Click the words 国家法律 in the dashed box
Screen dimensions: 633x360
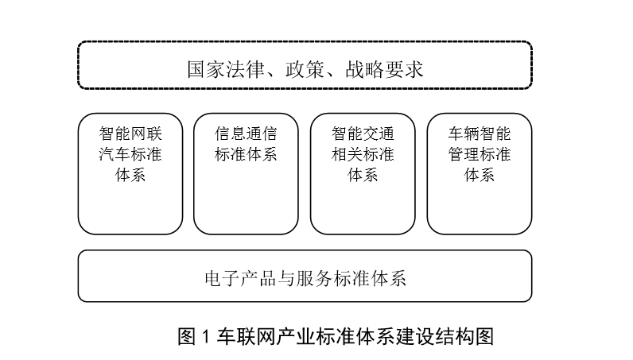point(226,69)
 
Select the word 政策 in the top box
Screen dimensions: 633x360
point(305,69)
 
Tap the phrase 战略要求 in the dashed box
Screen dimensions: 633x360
point(384,69)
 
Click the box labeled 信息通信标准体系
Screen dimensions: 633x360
point(246,173)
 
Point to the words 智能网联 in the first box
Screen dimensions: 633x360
point(130,134)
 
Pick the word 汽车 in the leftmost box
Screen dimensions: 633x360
point(115,154)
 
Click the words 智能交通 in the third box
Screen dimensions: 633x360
point(363,134)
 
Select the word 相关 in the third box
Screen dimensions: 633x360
point(348,154)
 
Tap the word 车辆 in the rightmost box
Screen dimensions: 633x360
point(464,134)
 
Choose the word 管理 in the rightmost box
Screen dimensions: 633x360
point(464,154)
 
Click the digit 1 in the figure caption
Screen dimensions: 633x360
point(205,337)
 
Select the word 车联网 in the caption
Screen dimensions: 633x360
point(247,337)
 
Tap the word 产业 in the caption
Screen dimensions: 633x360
point(296,337)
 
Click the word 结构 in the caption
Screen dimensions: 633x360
point(454,337)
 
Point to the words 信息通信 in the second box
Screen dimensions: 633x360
point(246,134)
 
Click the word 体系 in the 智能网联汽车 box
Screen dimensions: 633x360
point(130,175)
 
